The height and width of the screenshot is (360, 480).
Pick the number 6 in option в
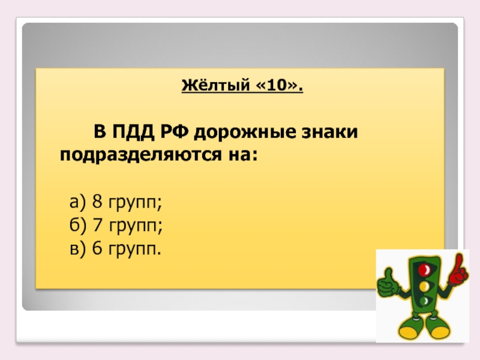pyautogui.click(x=97, y=248)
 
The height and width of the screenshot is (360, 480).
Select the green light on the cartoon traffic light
pyautogui.click(x=424, y=300)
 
